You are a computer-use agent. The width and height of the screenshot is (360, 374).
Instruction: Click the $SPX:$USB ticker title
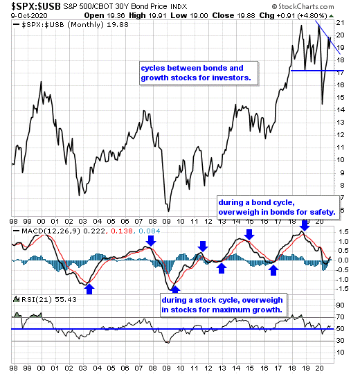pos(36,6)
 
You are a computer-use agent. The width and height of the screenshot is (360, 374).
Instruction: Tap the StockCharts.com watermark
pos(303,6)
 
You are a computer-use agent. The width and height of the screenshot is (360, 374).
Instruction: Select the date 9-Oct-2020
pos(29,16)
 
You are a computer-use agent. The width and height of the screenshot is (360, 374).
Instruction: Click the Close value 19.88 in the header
pos(246,16)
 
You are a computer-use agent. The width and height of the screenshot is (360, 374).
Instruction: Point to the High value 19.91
pos(157,16)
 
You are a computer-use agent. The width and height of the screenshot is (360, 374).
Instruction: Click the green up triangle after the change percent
pos(331,16)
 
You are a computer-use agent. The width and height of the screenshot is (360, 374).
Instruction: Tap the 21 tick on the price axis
pos(340,23)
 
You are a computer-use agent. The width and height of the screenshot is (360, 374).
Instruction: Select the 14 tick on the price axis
pos(340,110)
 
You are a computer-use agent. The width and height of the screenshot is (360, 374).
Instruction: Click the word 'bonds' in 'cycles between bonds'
pos(213,68)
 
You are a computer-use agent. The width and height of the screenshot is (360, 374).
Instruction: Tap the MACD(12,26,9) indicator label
pos(51,231)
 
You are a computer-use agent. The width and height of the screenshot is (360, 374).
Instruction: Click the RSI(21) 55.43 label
pos(49,300)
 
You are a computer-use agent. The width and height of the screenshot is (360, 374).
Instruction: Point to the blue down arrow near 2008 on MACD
pos(151,240)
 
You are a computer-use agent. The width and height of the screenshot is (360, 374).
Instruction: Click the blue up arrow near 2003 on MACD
pos(89,289)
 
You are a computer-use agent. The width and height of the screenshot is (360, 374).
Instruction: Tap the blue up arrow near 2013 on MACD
pos(222,268)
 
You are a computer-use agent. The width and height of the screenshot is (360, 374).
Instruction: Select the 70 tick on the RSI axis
pos(341,317)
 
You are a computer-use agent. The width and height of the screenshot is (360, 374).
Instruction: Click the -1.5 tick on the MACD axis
pos(341,289)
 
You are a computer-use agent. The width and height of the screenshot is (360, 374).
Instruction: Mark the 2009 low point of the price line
pos(168,211)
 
